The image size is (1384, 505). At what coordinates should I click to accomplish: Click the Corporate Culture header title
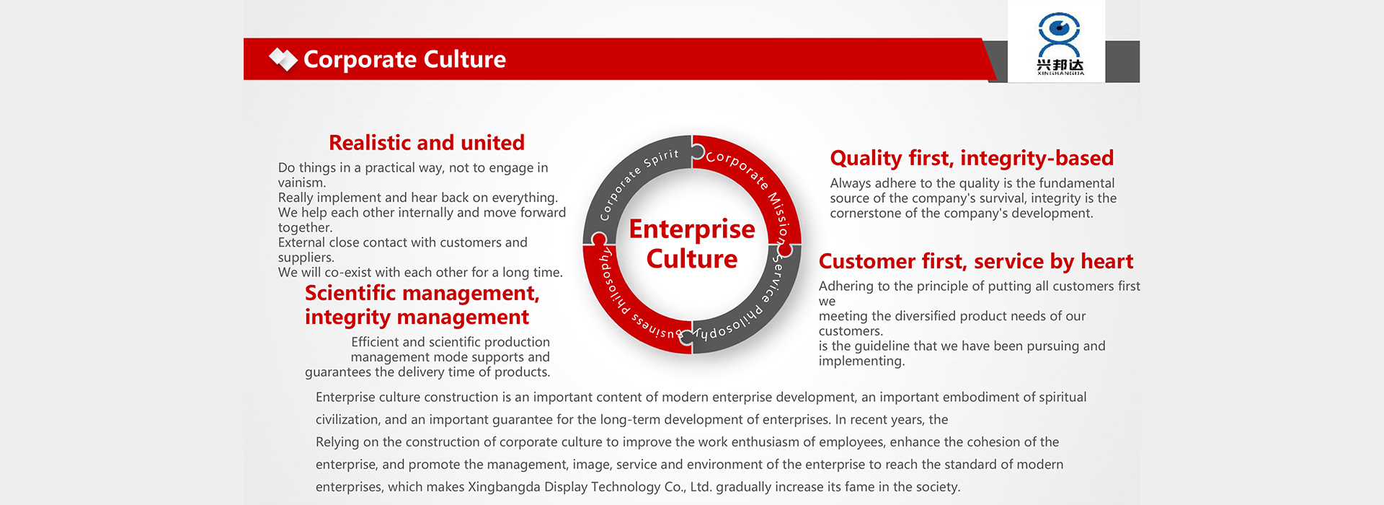pyautogui.click(x=404, y=59)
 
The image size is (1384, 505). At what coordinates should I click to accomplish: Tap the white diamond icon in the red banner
pyautogui.click(x=283, y=59)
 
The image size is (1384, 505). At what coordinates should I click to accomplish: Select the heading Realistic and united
pyautogui.click(x=427, y=143)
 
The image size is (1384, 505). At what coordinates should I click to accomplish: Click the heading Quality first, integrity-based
pyautogui.click(x=972, y=158)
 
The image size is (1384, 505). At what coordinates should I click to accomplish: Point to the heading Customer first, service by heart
pyautogui.click(x=976, y=261)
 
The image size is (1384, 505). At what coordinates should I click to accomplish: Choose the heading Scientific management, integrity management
pyautogui.click(x=422, y=305)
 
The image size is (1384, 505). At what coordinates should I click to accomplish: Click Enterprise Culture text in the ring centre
pyautogui.click(x=692, y=244)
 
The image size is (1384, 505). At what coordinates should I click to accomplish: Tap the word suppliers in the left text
pyautogui.click(x=306, y=258)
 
